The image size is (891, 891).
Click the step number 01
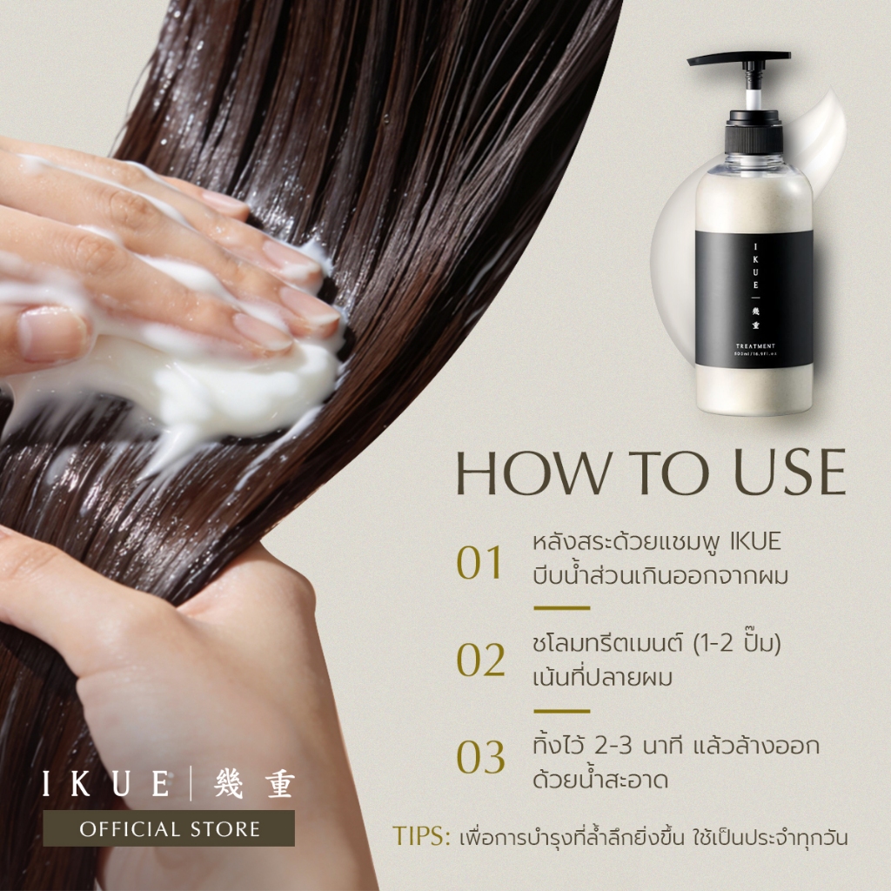(479, 563)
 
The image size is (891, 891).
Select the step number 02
(480, 660)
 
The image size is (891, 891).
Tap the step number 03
(480, 758)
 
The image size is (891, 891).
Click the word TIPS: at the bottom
(421, 836)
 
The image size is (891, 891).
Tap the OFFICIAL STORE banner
(169, 828)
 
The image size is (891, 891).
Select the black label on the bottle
(754, 298)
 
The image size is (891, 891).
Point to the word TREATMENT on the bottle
(755, 346)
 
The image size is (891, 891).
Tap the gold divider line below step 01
(561, 608)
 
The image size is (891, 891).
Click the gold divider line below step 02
(561, 711)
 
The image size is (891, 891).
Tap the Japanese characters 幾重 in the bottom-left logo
(254, 784)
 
